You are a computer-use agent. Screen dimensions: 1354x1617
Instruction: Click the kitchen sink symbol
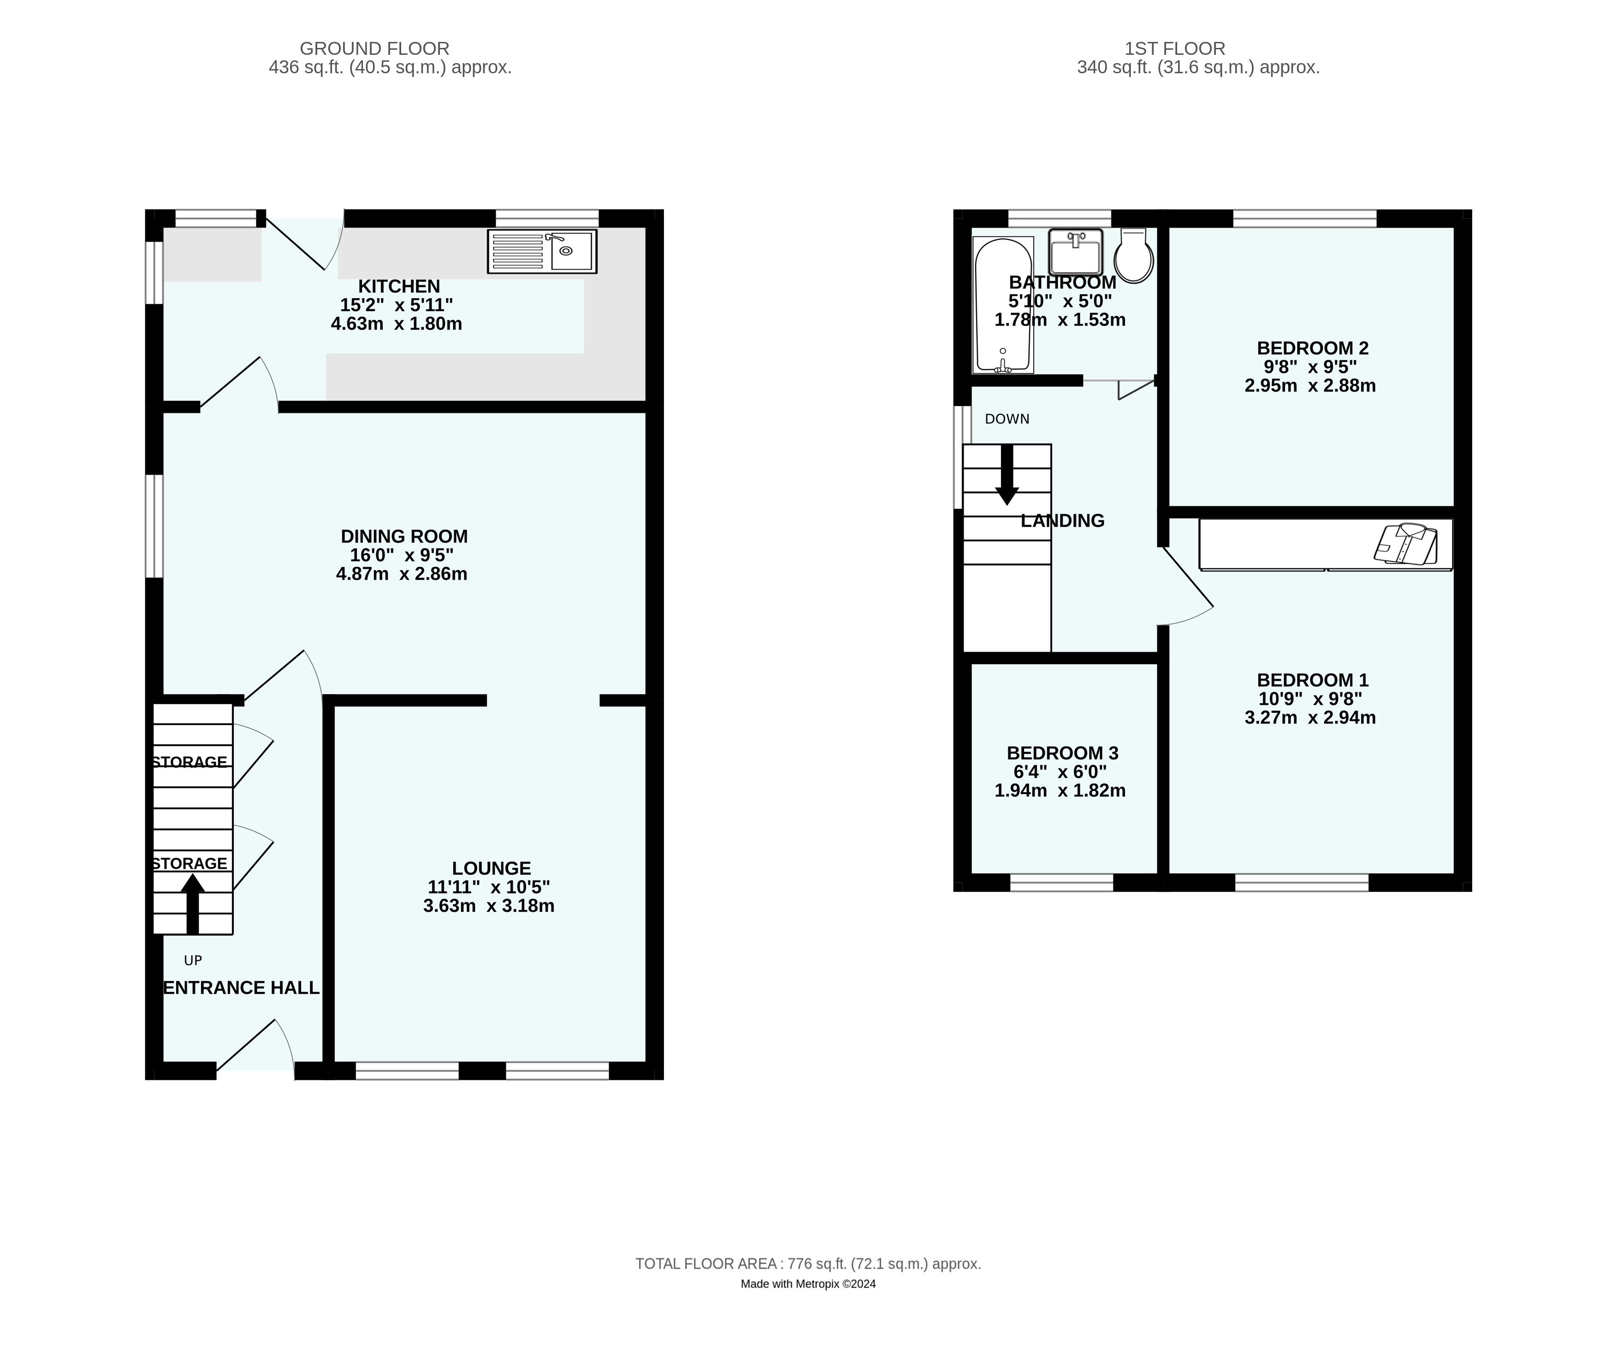(x=542, y=251)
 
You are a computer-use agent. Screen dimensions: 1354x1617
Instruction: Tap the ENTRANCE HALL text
(x=241, y=988)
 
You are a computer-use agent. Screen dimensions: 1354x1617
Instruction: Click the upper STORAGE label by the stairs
(x=190, y=762)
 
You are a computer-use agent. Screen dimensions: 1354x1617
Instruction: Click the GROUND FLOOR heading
(x=374, y=48)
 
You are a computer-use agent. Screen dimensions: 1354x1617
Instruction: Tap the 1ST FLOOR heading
(x=1174, y=48)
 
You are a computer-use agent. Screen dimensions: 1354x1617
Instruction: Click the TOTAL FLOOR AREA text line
(x=808, y=1263)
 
